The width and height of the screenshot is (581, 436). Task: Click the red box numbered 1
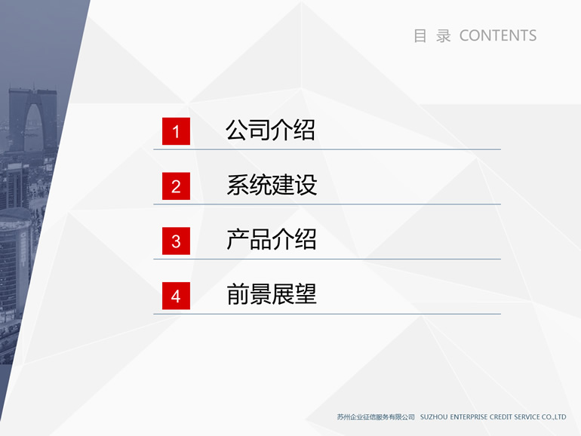point(176,131)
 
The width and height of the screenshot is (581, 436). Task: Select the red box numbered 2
point(176,186)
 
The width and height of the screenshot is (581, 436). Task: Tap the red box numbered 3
point(176,241)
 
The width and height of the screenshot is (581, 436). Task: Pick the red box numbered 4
point(176,296)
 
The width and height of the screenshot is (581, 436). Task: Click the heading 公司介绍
point(270,130)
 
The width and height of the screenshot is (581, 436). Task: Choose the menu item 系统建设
point(272,185)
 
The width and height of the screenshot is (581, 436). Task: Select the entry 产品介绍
point(272,239)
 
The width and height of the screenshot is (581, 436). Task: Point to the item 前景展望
point(272,294)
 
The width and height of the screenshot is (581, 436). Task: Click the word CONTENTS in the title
point(498,36)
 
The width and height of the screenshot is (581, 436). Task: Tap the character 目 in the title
point(420,36)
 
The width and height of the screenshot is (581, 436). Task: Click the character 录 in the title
point(443,36)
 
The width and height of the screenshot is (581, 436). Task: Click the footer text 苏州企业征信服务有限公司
point(376,417)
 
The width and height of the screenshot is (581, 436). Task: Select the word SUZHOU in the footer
point(434,417)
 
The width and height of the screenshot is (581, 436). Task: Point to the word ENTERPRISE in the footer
point(469,417)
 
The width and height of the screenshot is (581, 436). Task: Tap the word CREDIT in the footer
point(501,417)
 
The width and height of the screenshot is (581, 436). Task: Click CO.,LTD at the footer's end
point(554,417)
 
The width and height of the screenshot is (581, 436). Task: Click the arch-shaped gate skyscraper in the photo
point(32,119)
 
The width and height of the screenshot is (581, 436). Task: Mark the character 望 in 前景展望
point(306,294)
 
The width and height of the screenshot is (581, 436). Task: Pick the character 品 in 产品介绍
point(260,239)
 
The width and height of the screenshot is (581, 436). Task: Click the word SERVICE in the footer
point(527,417)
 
